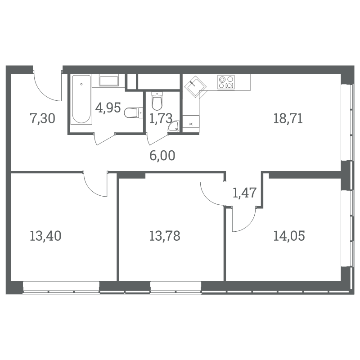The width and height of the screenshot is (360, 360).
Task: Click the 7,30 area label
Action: tap(42, 119)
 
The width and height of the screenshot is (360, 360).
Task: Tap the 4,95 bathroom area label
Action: tap(108, 108)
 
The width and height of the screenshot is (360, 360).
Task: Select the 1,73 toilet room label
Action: tap(161, 118)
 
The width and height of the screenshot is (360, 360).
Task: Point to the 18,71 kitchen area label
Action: tap(288, 118)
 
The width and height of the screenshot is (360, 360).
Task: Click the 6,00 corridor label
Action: tap(162, 155)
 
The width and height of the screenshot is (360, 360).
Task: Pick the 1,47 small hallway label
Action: tap(244, 193)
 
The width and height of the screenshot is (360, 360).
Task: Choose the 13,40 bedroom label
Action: tap(45, 236)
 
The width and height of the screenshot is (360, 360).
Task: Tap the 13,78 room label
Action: tap(165, 236)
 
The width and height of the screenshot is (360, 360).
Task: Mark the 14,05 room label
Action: tap(289, 236)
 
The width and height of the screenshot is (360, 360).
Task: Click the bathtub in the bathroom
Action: tap(81, 99)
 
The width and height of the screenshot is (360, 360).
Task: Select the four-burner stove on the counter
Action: tap(226, 82)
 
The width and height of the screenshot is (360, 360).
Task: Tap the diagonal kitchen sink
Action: tap(195, 87)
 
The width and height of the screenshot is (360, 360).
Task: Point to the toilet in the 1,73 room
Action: tap(157, 101)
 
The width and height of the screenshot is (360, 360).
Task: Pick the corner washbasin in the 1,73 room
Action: tap(174, 127)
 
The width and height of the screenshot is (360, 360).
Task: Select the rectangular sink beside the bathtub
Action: tap(109, 81)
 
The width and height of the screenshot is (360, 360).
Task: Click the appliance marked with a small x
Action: tap(191, 124)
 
